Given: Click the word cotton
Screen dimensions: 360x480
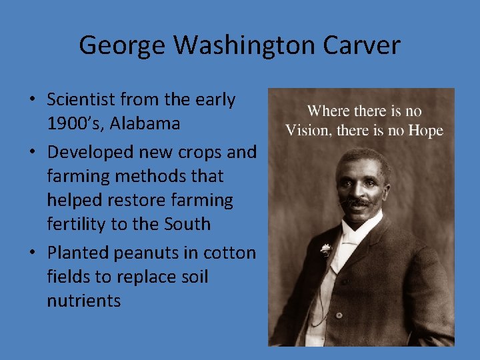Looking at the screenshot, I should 229,253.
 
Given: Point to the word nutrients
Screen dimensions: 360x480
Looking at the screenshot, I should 84,301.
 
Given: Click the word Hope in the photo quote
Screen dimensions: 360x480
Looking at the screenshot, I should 425,130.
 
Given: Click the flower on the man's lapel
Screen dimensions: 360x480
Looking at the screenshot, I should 325,249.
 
